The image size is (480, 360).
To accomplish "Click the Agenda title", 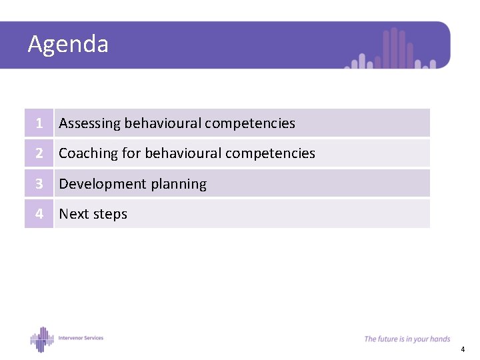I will tap(68, 45).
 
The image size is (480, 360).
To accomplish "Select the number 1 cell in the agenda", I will tap(39, 123).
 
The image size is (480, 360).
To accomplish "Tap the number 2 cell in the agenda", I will tap(39, 153).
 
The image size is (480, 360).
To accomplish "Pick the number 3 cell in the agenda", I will tap(39, 184).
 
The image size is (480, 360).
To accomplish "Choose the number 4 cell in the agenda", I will tap(39, 214).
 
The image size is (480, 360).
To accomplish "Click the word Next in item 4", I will tap(73, 214).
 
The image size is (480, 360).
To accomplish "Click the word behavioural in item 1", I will tap(163, 123).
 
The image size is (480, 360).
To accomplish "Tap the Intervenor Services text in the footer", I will tap(81, 338).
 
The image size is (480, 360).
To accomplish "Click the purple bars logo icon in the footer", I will tap(41, 339).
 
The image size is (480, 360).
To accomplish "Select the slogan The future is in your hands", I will tap(407, 339).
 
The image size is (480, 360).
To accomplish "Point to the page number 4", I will tap(463, 349).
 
